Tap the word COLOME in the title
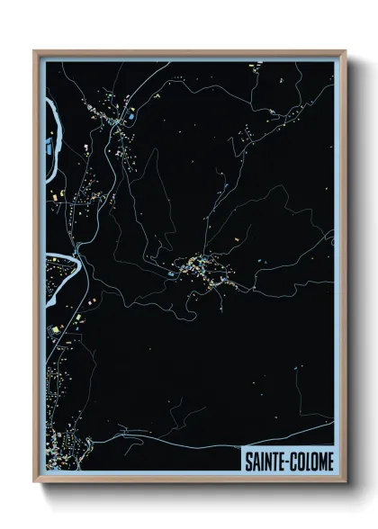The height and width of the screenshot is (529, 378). (311, 461)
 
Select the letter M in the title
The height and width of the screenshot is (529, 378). (321, 461)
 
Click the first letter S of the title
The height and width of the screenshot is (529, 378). (248, 461)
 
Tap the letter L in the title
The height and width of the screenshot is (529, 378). (308, 461)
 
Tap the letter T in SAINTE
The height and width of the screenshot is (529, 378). (274, 461)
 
